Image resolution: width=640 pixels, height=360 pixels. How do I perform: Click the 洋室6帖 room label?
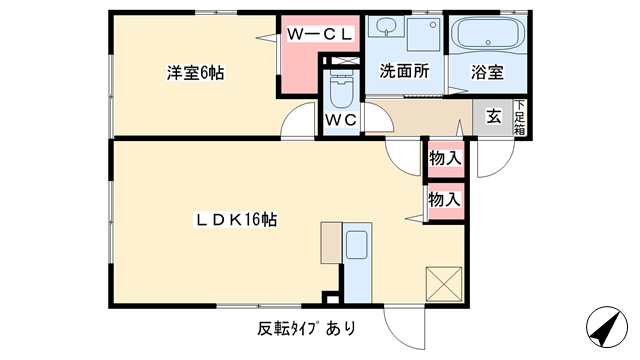tap(194, 73)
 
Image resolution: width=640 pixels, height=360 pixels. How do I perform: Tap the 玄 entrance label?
tap(494, 115)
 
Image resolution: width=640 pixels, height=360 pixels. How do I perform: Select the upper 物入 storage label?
tap(445, 157)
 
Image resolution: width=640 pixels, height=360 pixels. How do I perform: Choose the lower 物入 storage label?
tap(445, 199)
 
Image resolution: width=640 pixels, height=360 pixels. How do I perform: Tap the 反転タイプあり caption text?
tap(306, 328)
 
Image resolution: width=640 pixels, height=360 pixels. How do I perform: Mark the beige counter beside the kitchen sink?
tap(331, 242)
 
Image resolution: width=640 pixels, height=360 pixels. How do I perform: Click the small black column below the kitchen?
tap(331, 296)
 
